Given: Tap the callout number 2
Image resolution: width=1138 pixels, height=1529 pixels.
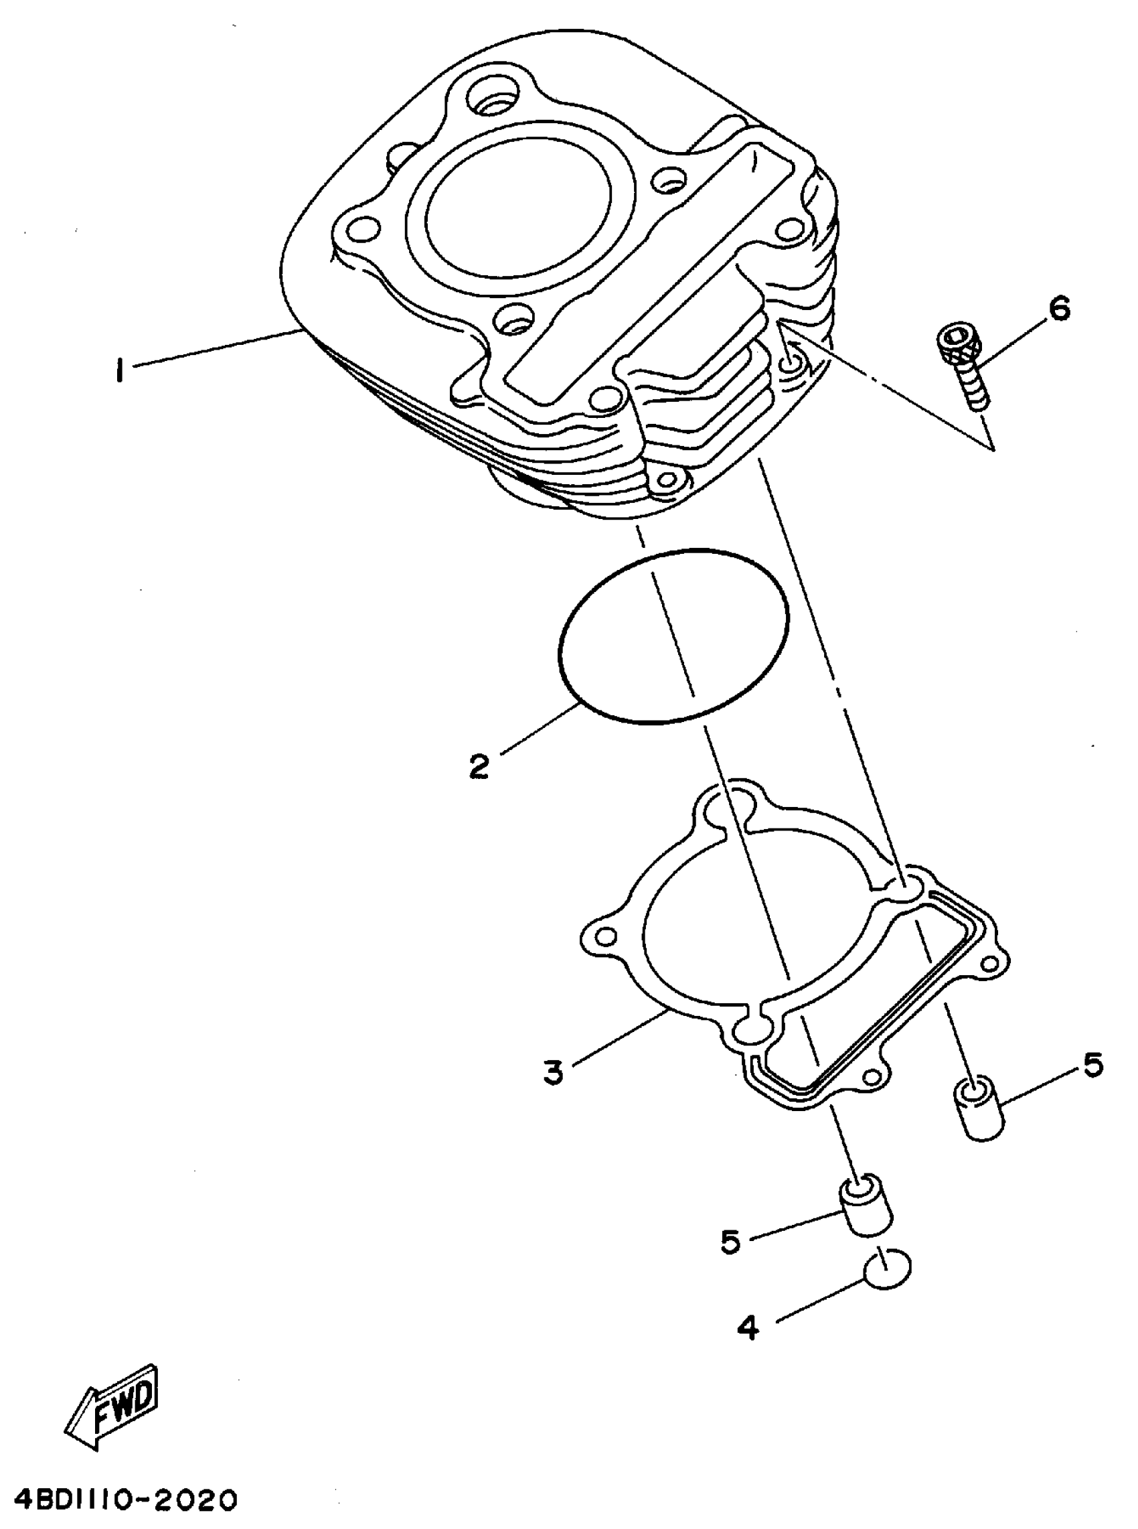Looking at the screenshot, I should pos(479,766).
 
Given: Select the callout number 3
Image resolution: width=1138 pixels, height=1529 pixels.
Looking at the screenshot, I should pos(553,1072).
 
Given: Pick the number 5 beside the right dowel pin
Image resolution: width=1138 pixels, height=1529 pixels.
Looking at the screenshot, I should pos(1092,1065).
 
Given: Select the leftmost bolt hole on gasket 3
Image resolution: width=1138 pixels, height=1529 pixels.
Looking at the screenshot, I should pos(606,936).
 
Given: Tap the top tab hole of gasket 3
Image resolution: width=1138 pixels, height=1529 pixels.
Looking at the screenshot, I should pos(734,804).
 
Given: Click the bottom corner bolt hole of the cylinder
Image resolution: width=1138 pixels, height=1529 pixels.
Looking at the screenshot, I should pos(665,484).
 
